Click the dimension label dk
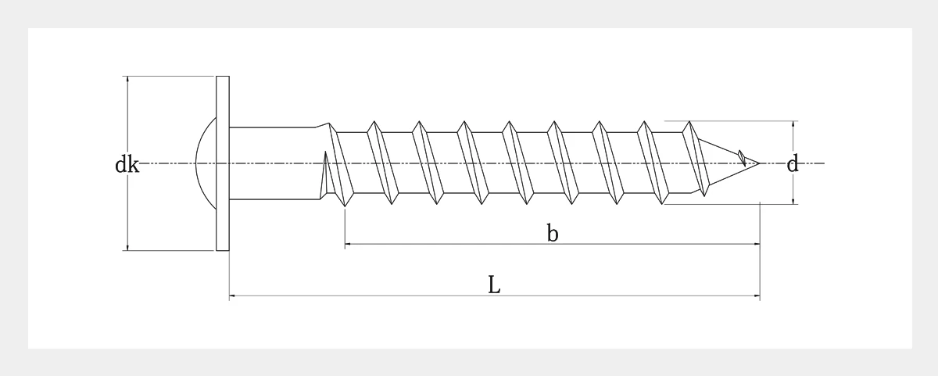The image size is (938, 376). pyautogui.click(x=127, y=164)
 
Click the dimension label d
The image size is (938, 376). pyautogui.click(x=793, y=163)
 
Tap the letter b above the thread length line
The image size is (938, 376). pyautogui.click(x=553, y=233)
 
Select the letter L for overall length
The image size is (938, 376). pyautogui.click(x=494, y=285)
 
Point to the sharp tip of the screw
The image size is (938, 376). pyautogui.click(x=759, y=163)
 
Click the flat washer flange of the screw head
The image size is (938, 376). pyautogui.click(x=223, y=163)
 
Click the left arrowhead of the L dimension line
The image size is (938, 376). pyautogui.click(x=231, y=295)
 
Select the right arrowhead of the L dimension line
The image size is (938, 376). pyautogui.click(x=757, y=295)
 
